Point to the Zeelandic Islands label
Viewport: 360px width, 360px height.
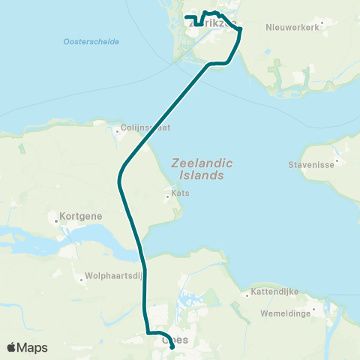(x=197, y=169)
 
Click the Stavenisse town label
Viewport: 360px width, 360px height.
(x=310, y=164)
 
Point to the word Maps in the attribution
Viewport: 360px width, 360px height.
(x=33, y=347)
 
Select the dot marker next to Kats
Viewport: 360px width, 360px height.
(x=167, y=197)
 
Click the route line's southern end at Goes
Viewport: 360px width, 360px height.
(x=173, y=346)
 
